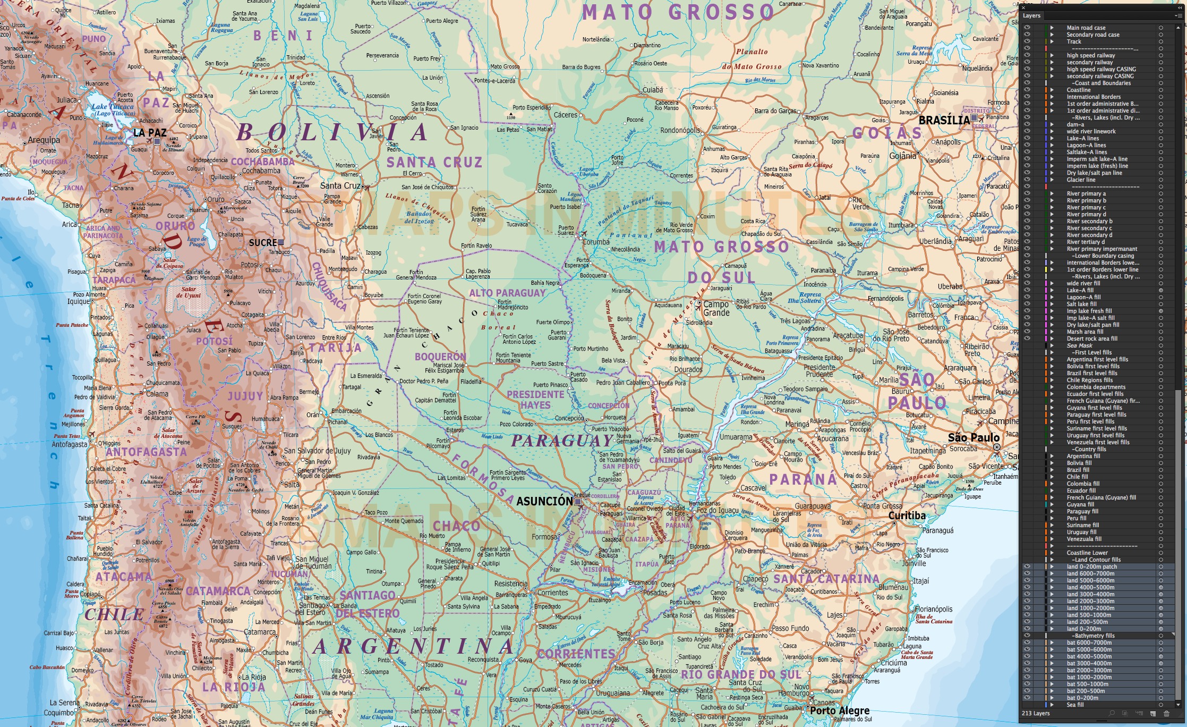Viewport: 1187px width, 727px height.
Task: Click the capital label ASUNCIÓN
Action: [544, 501]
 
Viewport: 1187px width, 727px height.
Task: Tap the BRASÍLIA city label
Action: [944, 120]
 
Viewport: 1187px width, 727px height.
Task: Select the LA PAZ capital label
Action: [150, 133]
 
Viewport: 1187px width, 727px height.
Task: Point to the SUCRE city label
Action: [263, 243]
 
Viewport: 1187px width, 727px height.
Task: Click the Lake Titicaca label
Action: [113, 109]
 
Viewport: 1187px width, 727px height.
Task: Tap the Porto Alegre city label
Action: [840, 711]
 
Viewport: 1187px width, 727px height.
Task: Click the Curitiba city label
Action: [907, 515]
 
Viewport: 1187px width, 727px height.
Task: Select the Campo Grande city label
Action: [716, 309]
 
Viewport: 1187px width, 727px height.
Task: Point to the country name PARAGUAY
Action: [562, 441]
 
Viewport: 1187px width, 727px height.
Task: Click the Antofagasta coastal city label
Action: [69, 444]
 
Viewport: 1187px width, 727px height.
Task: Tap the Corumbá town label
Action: [596, 242]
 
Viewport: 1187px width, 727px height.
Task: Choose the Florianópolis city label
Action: [933, 609]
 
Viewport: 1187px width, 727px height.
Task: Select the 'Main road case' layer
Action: [1086, 28]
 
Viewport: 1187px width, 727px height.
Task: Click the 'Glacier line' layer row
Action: [1081, 180]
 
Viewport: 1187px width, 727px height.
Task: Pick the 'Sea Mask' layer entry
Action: [1079, 345]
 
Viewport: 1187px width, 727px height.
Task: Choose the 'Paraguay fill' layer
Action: [1082, 511]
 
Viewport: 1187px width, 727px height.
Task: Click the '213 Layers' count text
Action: [1035, 713]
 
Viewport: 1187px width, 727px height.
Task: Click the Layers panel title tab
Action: [1031, 15]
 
